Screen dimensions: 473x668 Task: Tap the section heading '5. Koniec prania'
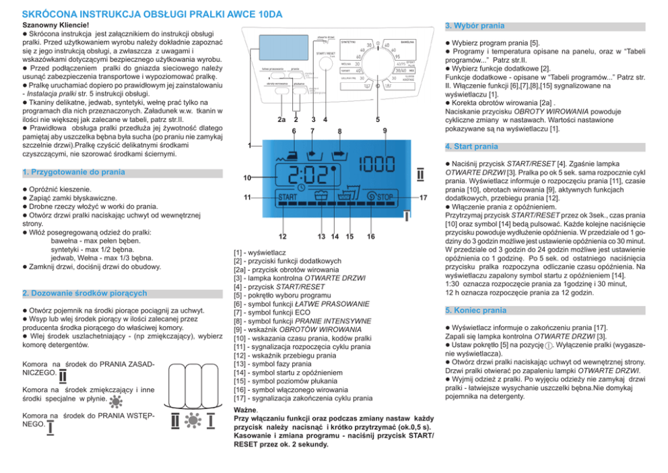[x=476, y=311]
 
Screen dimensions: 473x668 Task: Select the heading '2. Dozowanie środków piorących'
[x=84, y=294]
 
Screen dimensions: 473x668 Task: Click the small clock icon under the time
[x=301, y=187]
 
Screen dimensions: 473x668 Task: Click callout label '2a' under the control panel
[x=281, y=121]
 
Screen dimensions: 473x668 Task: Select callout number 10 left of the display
[x=247, y=178]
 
